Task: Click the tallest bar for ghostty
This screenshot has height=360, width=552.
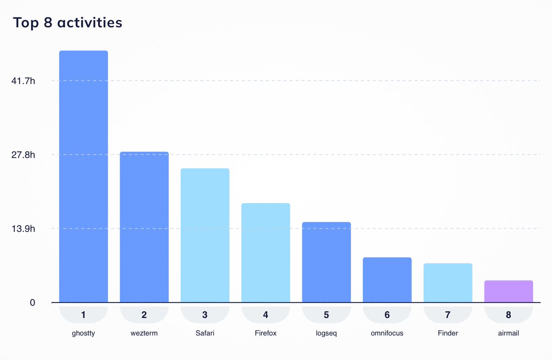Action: point(83,177)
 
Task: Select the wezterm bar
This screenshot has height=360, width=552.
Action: point(144,227)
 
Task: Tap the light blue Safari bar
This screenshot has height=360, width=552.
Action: point(205,235)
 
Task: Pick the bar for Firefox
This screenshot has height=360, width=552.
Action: point(265,253)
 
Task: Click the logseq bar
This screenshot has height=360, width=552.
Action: point(326,262)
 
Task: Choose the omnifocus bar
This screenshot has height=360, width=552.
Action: point(387,280)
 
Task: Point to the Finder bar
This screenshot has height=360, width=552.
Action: point(448,283)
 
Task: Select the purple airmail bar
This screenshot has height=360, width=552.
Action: point(508,291)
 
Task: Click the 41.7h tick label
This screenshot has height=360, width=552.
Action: point(23,81)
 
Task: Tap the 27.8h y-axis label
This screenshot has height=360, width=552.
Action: point(23,155)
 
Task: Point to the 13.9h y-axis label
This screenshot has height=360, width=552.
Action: point(23,229)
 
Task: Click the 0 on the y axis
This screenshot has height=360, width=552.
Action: point(32,303)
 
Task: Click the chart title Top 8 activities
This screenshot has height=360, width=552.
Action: point(67,22)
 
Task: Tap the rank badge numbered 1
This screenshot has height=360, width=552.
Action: point(83,315)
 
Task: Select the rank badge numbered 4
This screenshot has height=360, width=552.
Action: point(265,315)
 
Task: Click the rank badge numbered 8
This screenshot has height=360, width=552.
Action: point(508,315)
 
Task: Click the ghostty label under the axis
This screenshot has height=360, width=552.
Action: point(83,333)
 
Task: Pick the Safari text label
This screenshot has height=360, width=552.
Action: point(205,333)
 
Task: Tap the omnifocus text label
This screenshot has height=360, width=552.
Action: point(387,333)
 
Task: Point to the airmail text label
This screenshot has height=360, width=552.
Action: point(508,333)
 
